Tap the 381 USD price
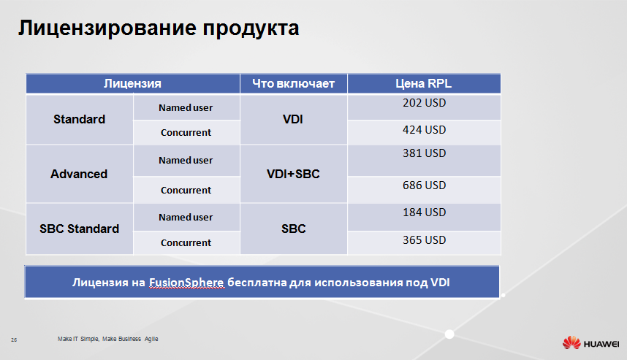424,153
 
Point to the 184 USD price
424,212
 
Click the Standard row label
79,119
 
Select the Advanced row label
79,174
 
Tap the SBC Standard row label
79,229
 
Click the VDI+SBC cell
293,174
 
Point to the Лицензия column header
132,83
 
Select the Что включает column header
293,83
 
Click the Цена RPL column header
423,83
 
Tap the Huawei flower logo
571,342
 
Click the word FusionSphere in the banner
186,283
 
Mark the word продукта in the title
251,28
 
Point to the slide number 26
14,340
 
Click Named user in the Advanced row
186,160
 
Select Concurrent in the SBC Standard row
186,242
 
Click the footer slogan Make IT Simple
78,339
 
